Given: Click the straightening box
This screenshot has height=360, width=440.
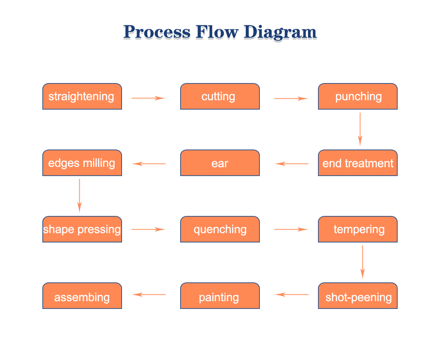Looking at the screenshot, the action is coord(82,96).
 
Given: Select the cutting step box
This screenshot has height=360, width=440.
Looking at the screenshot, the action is coord(220,96).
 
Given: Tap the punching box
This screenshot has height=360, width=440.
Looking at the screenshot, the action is coord(358,96).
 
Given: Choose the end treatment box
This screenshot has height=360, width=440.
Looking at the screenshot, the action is coord(358,163).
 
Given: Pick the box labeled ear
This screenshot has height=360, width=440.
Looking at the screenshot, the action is coord(220,163).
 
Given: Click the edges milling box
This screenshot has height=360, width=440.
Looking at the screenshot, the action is coord(82,163).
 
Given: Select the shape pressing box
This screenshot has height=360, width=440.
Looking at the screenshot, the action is coord(82,229).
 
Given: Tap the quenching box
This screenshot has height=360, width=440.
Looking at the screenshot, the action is coord(220,229).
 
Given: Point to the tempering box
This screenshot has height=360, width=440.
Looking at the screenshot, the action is coord(358,229).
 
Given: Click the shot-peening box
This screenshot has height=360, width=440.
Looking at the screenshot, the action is coord(358,296).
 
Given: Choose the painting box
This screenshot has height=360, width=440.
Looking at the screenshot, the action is coord(220,296).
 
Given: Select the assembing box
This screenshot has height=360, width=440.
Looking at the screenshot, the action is coord(82,296).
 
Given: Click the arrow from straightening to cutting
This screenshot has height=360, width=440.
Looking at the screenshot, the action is coord(149,98).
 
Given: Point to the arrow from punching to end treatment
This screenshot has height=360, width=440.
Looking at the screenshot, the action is coord(360,130).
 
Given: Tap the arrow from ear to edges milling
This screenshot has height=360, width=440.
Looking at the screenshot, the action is coord(149,164).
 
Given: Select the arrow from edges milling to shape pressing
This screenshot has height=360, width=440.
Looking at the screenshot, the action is coord(79,196).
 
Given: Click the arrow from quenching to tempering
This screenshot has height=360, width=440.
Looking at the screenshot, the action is coord(291,230).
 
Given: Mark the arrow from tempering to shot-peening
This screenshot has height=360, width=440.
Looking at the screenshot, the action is coord(362,262).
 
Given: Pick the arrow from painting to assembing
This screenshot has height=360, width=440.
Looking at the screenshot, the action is coord(149,295).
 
